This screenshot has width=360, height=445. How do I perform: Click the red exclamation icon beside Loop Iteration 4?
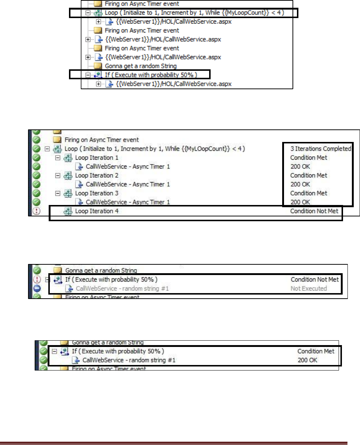[36, 211]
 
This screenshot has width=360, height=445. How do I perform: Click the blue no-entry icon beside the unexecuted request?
[36, 288]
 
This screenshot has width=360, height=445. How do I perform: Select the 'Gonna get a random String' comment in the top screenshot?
[136, 66]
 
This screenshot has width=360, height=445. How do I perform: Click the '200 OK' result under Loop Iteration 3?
[300, 202]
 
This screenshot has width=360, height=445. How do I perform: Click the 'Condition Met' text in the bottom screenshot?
[316, 351]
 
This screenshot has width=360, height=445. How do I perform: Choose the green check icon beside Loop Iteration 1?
[36, 158]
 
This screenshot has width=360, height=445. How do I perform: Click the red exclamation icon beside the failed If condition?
[36, 279]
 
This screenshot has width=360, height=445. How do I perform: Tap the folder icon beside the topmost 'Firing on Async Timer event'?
[97, 4]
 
